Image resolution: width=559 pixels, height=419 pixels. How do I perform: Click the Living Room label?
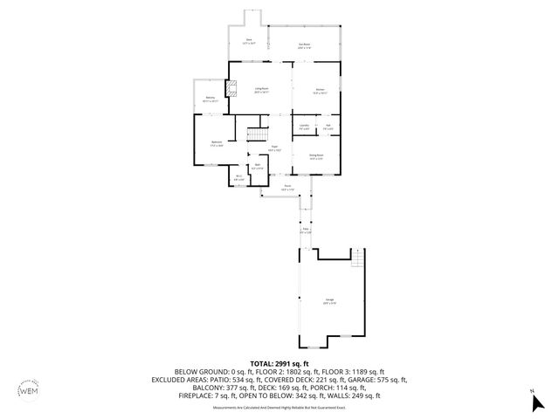[260, 90]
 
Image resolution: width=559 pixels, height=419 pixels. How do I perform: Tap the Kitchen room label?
[320, 90]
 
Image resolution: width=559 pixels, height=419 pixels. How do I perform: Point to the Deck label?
[249, 40]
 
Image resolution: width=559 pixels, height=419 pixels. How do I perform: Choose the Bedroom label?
[217, 143]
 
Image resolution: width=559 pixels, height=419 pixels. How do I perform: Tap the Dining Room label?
[316, 157]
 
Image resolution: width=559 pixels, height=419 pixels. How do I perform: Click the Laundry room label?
[304, 127]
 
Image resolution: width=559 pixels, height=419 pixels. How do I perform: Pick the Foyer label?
[274, 148]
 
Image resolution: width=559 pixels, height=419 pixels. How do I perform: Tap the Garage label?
[330, 302]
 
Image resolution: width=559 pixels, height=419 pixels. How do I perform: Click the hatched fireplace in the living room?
[231, 88]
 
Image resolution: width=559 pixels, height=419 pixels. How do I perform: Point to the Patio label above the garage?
[306, 230]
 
